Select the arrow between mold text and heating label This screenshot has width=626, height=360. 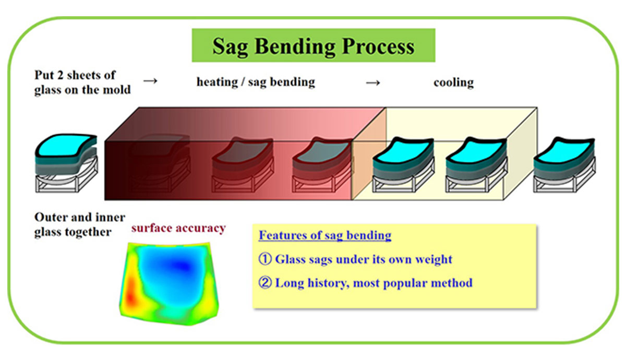pos(150,82)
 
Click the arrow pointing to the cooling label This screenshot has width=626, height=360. pos(372,83)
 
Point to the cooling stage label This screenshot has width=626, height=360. pos(453,83)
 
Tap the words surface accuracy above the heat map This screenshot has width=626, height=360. pos(178,227)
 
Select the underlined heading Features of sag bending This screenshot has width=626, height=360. pos(324,235)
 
